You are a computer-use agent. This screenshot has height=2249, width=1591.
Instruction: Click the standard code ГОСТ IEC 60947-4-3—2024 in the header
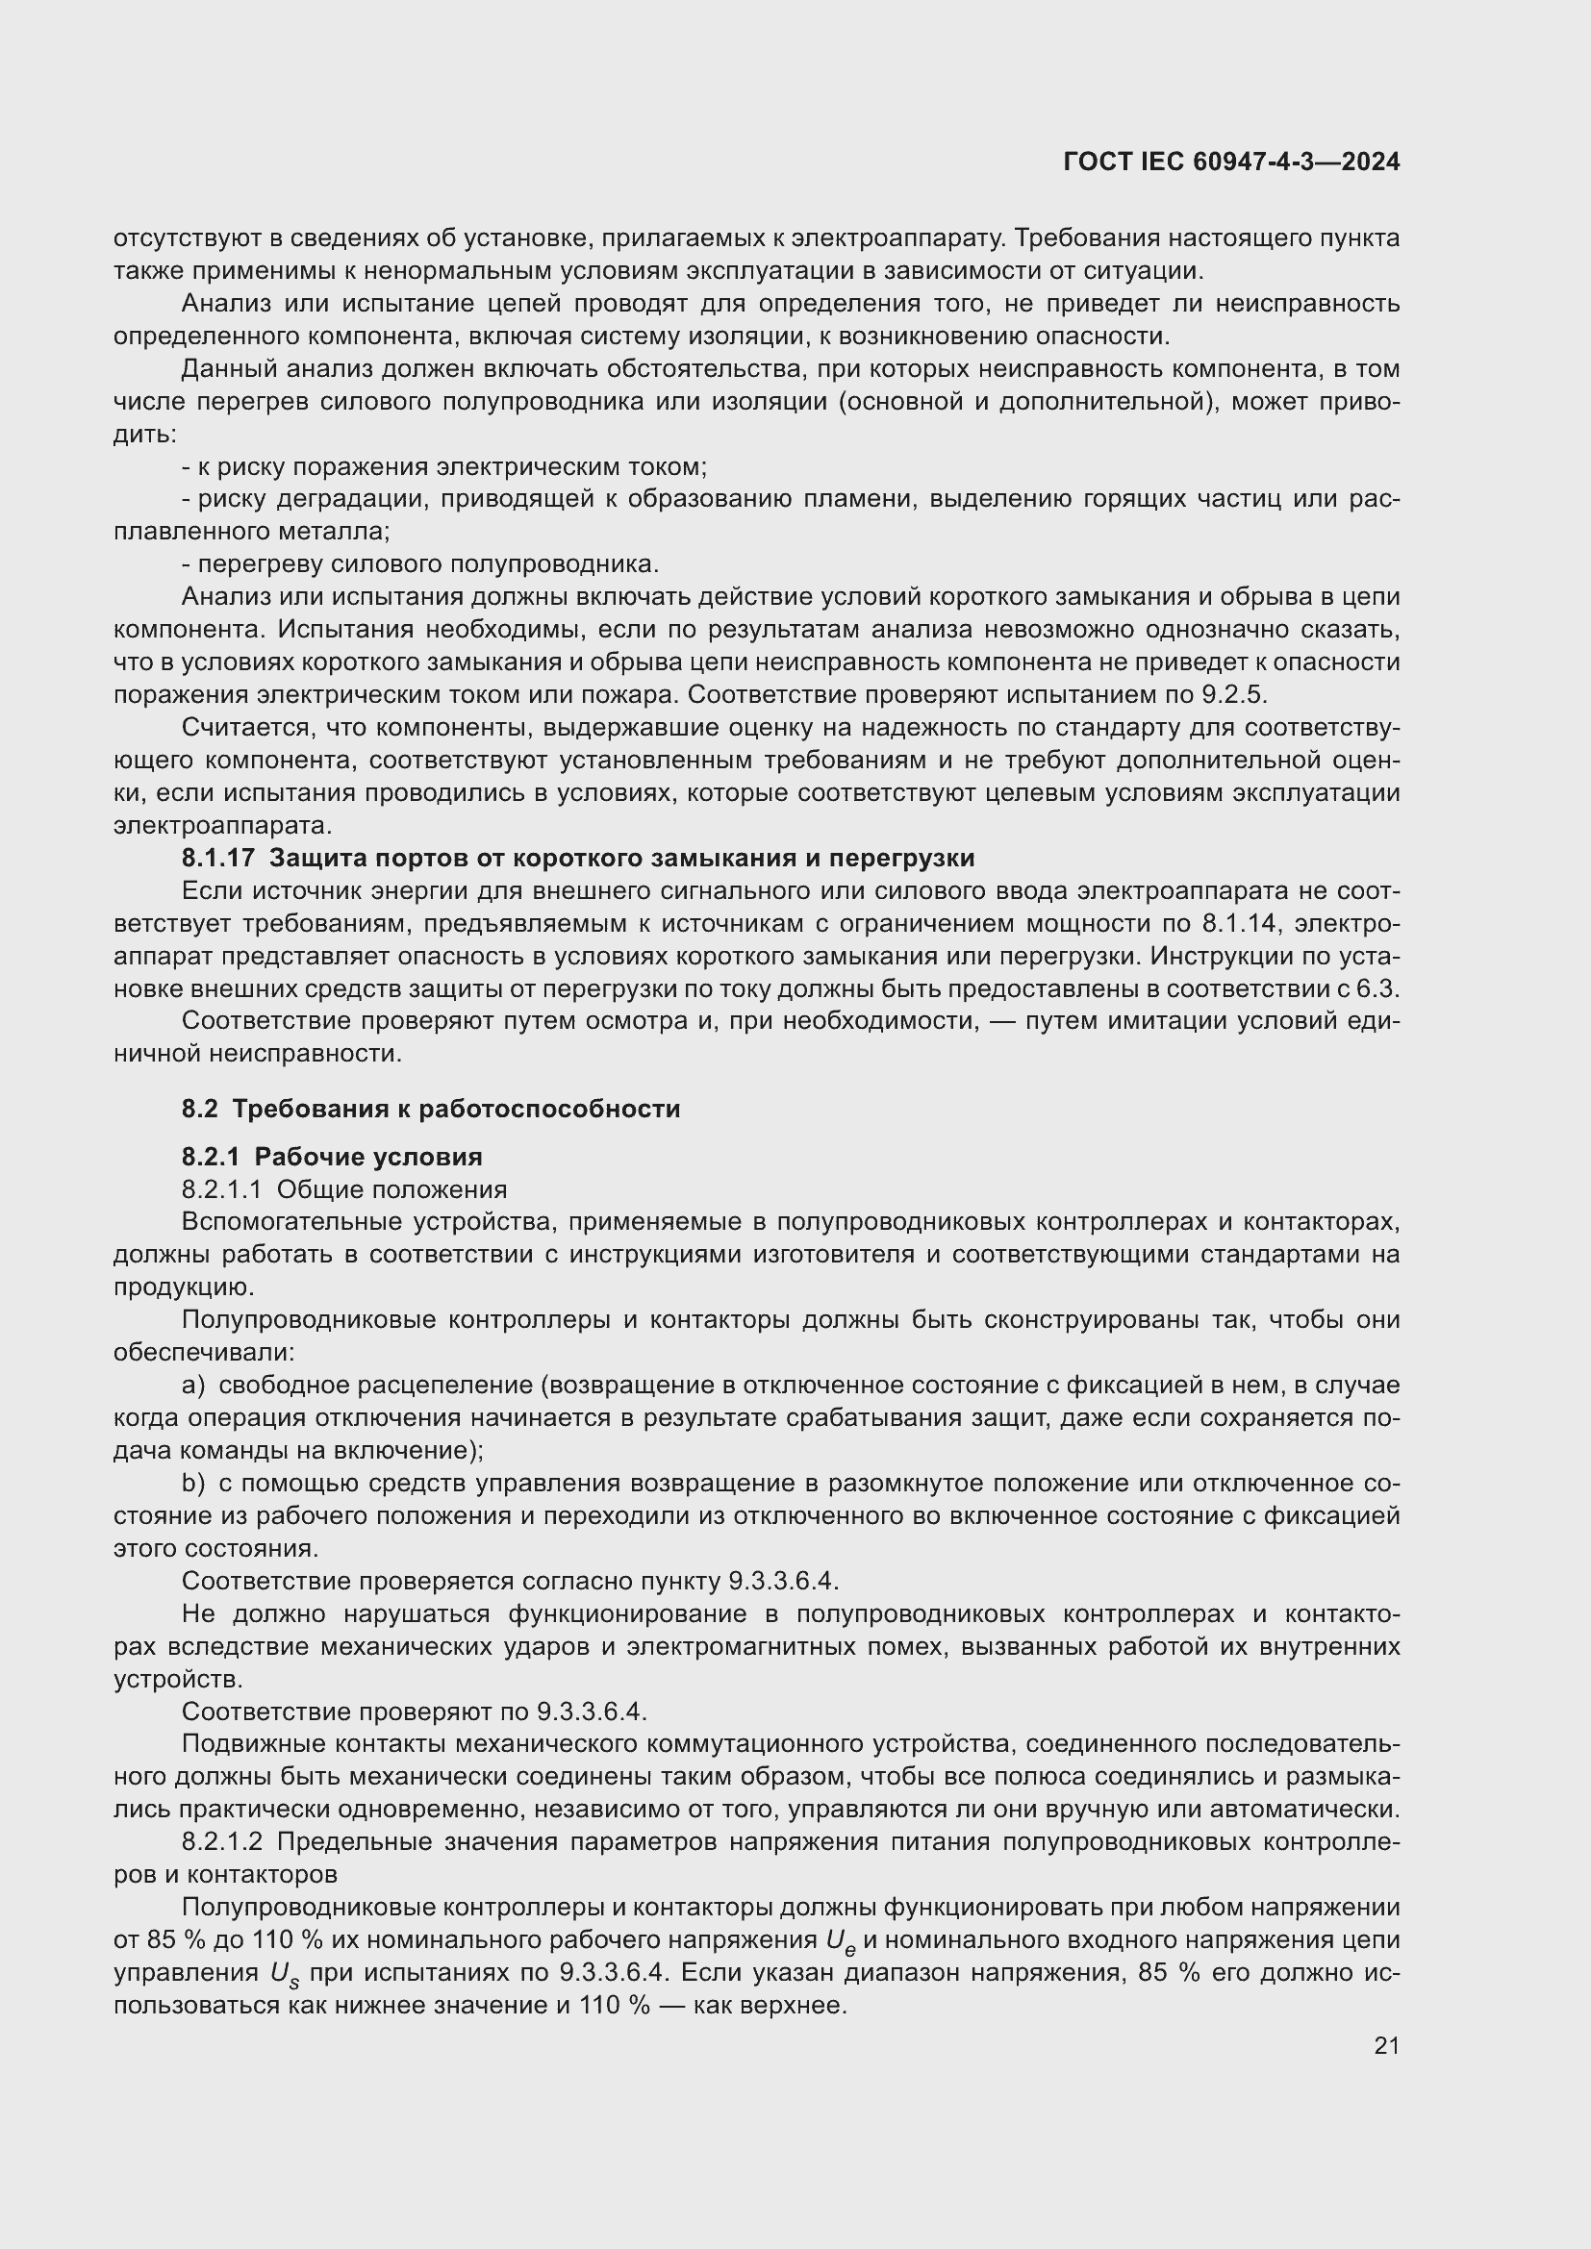tap(1230, 162)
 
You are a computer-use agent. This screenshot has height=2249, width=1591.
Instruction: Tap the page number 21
tap(1386, 2045)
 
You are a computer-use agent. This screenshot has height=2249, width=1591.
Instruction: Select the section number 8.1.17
tap(217, 858)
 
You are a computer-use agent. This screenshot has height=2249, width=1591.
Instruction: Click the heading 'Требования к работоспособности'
tap(456, 1109)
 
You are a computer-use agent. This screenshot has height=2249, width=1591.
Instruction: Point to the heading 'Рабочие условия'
tap(368, 1157)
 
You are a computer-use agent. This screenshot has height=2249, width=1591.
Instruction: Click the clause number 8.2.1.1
tap(221, 1189)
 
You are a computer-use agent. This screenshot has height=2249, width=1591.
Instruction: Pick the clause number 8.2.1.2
tap(221, 1841)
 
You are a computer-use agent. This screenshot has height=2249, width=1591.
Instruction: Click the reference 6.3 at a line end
tap(1378, 988)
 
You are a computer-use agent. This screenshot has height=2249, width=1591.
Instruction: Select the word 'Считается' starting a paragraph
tap(237, 728)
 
